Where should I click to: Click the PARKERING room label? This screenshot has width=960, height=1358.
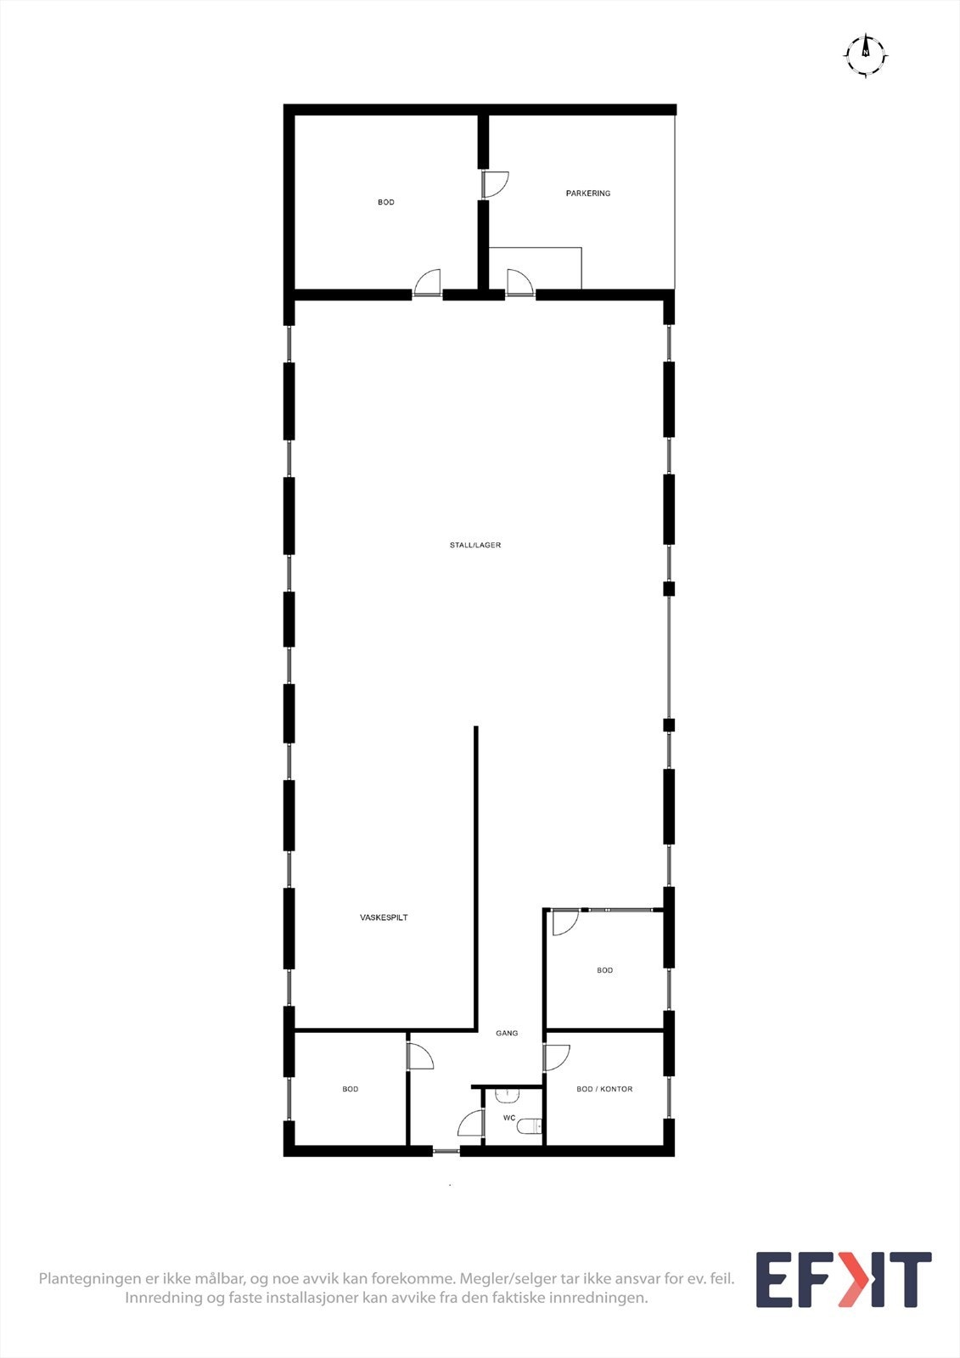tap(587, 194)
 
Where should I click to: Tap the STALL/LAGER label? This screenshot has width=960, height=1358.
tap(475, 545)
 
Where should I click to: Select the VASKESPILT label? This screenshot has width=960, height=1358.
tap(384, 917)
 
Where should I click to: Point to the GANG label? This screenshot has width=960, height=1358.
tap(507, 1033)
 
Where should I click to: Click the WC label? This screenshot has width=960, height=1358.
tap(509, 1118)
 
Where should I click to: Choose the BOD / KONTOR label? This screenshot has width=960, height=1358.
tap(604, 1089)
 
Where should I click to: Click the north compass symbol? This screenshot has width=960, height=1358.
tap(866, 55)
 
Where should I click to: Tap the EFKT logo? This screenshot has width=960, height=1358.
tap(843, 1279)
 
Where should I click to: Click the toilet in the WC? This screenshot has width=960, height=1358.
tap(530, 1126)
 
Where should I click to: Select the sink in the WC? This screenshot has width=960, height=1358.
tap(507, 1095)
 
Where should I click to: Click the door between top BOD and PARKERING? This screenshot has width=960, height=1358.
tap(494, 184)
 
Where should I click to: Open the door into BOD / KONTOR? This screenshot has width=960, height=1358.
tap(556, 1058)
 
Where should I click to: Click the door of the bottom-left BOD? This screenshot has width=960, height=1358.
tap(419, 1057)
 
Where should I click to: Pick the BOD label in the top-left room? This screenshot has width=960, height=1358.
tap(386, 202)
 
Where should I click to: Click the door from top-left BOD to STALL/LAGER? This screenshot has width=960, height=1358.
tap(428, 283)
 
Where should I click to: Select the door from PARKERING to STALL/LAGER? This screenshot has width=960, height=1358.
tap(519, 283)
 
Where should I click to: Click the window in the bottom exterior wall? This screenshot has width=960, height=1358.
tap(446, 1152)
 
